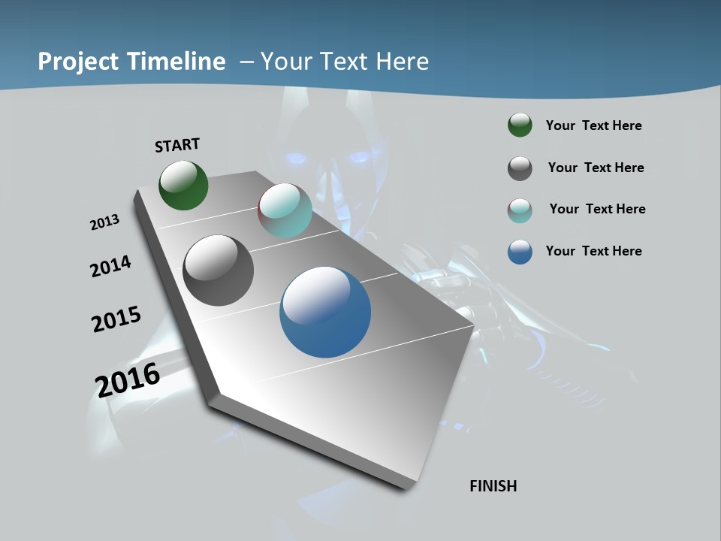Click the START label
pos(177,145)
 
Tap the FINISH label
pos(493,486)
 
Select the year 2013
pos(104,222)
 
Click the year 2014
pos(110,266)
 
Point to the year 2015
pos(116,319)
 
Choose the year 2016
pos(128,379)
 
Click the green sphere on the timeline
pos(183,186)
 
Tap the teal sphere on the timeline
pos(285,211)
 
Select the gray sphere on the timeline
pos(218,270)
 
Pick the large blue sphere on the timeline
pos(325,312)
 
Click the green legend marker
pos(520,125)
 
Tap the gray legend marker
pos(520,168)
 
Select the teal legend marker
pos(520,210)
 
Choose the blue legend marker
pos(520,252)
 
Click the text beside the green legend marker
pos(594,125)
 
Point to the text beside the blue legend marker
pos(594,251)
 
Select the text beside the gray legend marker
pos(596,168)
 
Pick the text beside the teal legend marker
pos(598,209)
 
